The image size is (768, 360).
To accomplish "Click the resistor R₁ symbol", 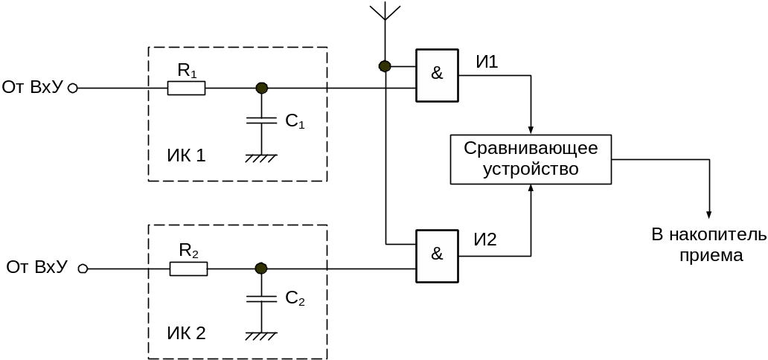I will [186, 89].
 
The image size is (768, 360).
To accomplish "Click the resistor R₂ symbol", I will [188, 269].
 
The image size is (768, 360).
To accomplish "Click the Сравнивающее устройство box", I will [531, 158].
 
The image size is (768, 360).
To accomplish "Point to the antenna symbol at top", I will [385, 13].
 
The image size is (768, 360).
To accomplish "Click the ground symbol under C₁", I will [261, 158].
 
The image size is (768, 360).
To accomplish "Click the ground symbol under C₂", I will [261, 336].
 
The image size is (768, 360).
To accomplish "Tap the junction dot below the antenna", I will [385, 67].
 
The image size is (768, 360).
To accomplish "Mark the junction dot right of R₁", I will [261, 89].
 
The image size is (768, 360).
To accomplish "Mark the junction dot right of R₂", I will [260, 269].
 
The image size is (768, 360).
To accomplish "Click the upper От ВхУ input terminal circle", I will [73, 89].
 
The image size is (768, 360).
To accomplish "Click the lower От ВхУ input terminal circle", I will [83, 269].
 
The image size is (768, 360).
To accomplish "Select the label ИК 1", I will [185, 155].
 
